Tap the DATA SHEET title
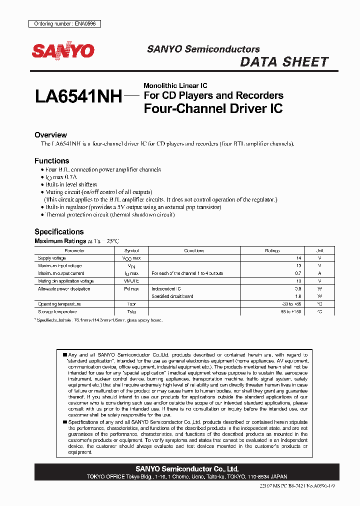[x=284, y=62]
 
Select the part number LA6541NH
[x=78, y=96]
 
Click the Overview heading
[x=50, y=135]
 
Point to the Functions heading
[x=51, y=161]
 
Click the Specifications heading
[x=59, y=231]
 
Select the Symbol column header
[x=131, y=250]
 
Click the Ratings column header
[x=272, y=250]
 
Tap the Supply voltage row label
[x=52, y=258]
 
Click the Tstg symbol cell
[x=131, y=311]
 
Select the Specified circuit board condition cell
[x=172, y=296]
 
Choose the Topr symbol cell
[x=131, y=304]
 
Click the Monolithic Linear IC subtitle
[x=175, y=85]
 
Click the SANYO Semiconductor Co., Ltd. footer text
[x=187, y=469]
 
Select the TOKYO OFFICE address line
[x=187, y=477]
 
